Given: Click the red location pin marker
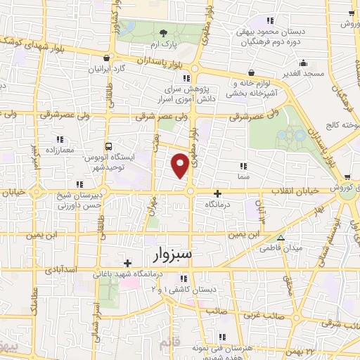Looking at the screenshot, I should (x=181, y=165).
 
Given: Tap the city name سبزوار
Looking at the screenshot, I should (x=172, y=252).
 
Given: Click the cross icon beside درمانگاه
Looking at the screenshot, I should (x=218, y=193).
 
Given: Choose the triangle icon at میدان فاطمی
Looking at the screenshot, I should (x=281, y=237).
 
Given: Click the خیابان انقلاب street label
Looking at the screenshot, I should (x=295, y=191).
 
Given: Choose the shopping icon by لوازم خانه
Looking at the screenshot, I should (x=252, y=72).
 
